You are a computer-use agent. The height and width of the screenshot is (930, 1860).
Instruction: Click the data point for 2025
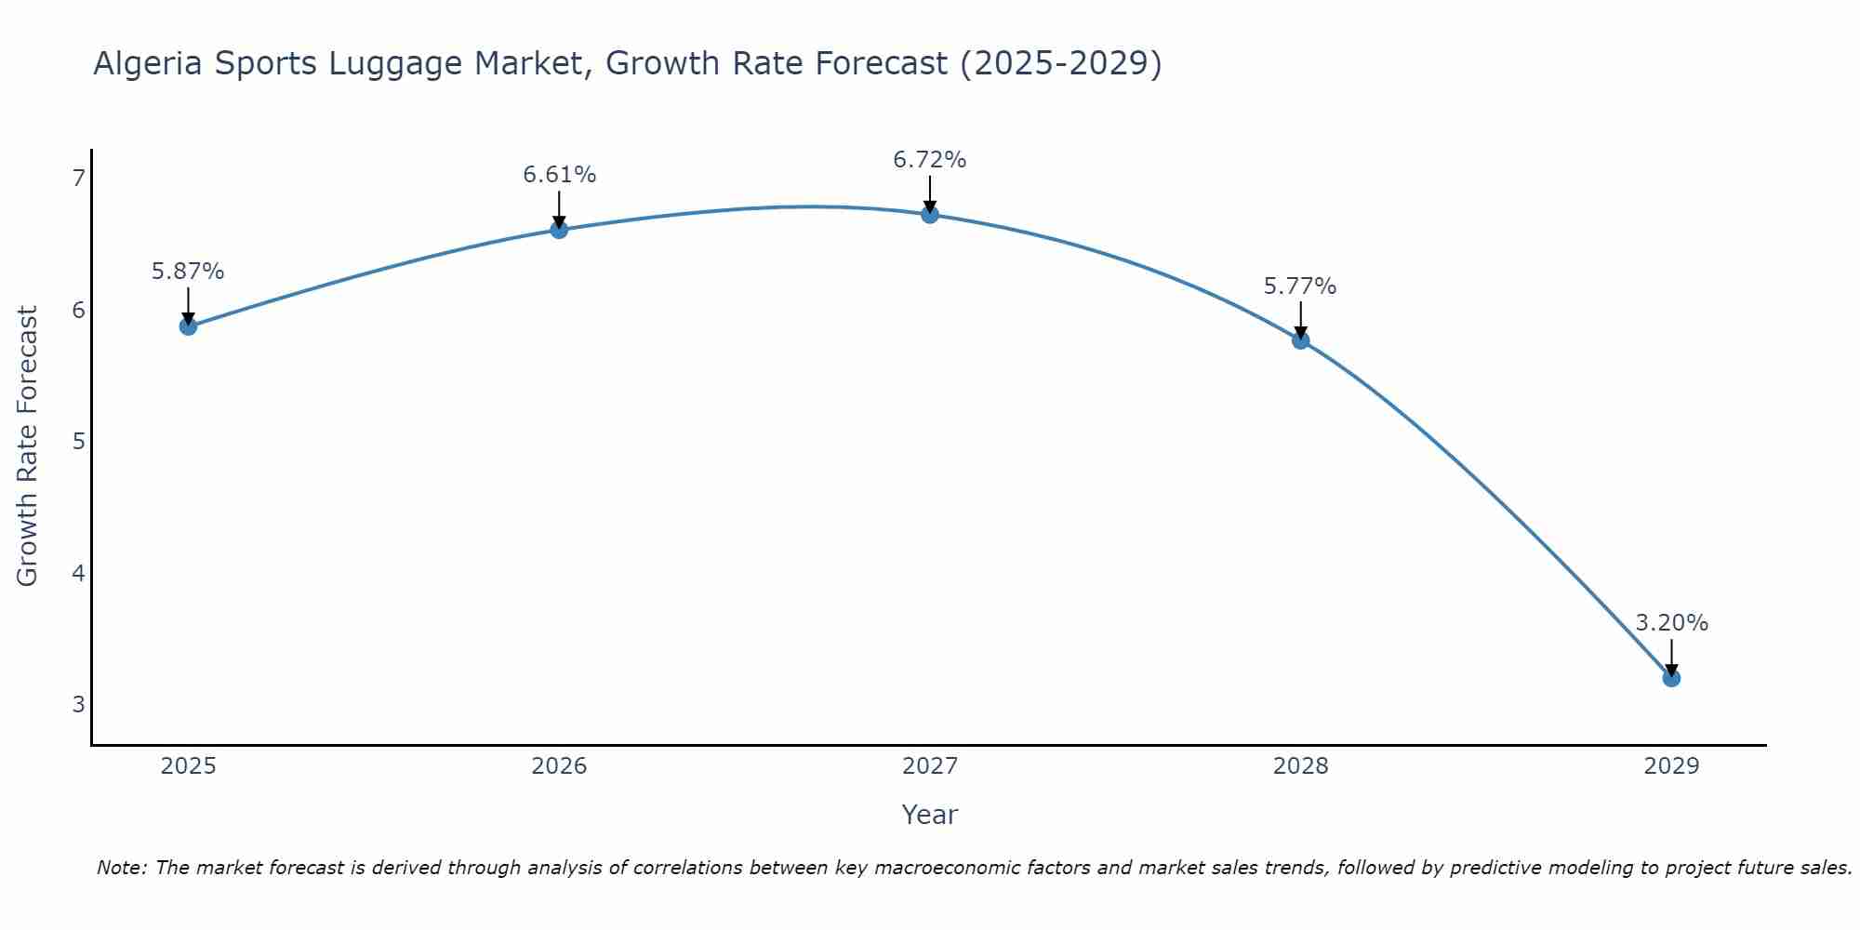click(x=188, y=326)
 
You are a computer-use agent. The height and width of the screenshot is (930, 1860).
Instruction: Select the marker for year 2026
click(x=559, y=230)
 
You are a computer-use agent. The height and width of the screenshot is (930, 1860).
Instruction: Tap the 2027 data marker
click(x=930, y=215)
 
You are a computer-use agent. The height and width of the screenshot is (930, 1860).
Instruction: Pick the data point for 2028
click(x=1300, y=340)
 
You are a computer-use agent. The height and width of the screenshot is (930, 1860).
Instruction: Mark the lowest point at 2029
click(x=1671, y=678)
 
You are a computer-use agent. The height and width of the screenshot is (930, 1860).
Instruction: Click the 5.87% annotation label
click(x=188, y=272)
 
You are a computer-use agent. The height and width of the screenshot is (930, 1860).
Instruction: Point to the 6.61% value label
click(x=559, y=175)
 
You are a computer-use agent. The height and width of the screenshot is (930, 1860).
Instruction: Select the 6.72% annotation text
click(x=930, y=160)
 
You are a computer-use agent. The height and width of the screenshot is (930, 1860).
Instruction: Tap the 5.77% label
click(x=1300, y=286)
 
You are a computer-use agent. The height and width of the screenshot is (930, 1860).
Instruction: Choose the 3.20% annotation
click(x=1671, y=623)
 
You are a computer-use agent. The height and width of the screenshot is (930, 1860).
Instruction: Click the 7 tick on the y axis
click(x=78, y=178)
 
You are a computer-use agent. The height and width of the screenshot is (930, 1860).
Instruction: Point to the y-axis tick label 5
click(x=78, y=441)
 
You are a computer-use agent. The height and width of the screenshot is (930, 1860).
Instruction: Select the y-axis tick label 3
click(x=78, y=704)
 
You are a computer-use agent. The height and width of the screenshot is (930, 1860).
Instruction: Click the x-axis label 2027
click(x=930, y=766)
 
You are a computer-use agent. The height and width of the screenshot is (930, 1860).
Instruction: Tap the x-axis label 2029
click(x=1671, y=766)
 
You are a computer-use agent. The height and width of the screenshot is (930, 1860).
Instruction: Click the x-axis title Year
click(x=930, y=815)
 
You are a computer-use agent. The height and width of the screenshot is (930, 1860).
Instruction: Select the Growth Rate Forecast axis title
click(x=28, y=446)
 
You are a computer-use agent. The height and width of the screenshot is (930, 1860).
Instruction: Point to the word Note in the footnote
click(x=121, y=868)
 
